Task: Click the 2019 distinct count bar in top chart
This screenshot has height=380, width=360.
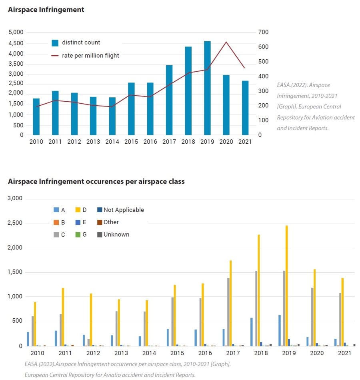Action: pos(207,88)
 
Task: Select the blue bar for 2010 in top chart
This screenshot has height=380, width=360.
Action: pos(36,117)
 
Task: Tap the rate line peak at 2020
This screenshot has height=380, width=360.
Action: pos(226,42)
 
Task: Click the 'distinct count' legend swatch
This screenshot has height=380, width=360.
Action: pos(55,43)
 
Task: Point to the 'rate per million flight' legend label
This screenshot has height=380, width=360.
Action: pos(90,56)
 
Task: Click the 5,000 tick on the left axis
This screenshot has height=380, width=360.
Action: pos(16,32)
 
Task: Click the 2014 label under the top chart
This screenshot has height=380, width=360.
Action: pos(112,142)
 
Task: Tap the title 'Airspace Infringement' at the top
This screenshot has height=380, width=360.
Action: pos(46,10)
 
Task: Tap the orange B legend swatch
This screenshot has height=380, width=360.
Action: pos(56,222)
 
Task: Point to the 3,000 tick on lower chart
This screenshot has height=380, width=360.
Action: pos(16,199)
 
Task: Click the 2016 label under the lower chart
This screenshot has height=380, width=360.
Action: pos(205,353)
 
